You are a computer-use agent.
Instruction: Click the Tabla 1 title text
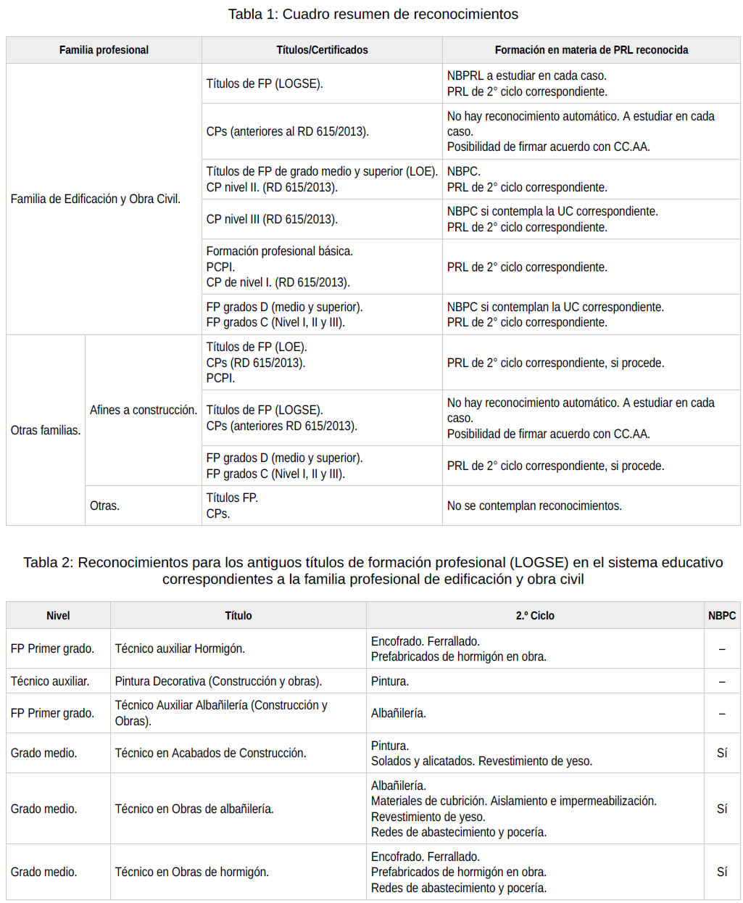pos(373,15)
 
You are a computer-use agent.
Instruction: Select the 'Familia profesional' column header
pos(104,50)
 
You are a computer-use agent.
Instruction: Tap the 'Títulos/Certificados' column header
pos(322,50)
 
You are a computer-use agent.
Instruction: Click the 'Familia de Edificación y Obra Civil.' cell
pos(96,199)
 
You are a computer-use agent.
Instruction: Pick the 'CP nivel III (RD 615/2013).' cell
pos(272,219)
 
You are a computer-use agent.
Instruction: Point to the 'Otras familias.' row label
pos(46,430)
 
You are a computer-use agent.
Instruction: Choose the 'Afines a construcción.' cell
pos(143,410)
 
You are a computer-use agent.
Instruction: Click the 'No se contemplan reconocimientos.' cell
pos(534,506)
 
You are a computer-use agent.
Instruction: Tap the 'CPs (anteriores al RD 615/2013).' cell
pos(287,131)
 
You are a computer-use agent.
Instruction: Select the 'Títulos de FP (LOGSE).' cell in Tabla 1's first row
pos(265,83)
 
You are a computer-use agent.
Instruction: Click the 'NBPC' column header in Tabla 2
pos(721,616)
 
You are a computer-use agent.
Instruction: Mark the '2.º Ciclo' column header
pos(535,616)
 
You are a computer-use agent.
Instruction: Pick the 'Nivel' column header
pos(58,616)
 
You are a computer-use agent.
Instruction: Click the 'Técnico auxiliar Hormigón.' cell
pos(180,648)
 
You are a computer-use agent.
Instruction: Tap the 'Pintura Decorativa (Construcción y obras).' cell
pos(218,681)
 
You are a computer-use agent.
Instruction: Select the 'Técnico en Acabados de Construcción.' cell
pos(210,753)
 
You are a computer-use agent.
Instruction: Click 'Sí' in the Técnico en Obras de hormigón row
pos(722,872)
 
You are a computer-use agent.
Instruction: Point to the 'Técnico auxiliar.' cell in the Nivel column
pos(50,681)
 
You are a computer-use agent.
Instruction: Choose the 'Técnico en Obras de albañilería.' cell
pos(194,809)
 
